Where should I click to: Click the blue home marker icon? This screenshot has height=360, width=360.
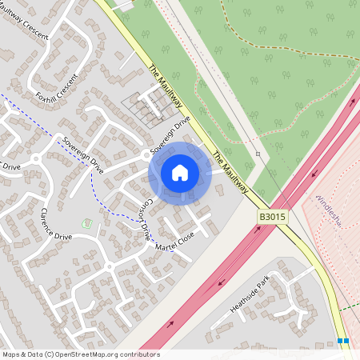tap(180, 173)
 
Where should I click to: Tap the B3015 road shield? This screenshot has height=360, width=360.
tap(271, 217)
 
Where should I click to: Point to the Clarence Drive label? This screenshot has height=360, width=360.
tap(56, 226)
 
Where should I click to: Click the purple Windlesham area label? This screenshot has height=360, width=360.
tap(329, 210)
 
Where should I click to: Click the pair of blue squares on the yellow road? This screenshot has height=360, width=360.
tap(343, 342)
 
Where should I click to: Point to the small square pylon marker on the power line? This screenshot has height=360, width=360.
tap(258, 154)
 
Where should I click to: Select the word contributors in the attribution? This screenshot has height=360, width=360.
tap(140, 354)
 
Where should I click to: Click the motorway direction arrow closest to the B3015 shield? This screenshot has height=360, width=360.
tap(258, 229)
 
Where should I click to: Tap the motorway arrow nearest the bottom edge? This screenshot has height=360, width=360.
tap(170, 326)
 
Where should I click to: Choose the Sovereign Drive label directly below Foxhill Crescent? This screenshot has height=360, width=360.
tap(83, 154)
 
